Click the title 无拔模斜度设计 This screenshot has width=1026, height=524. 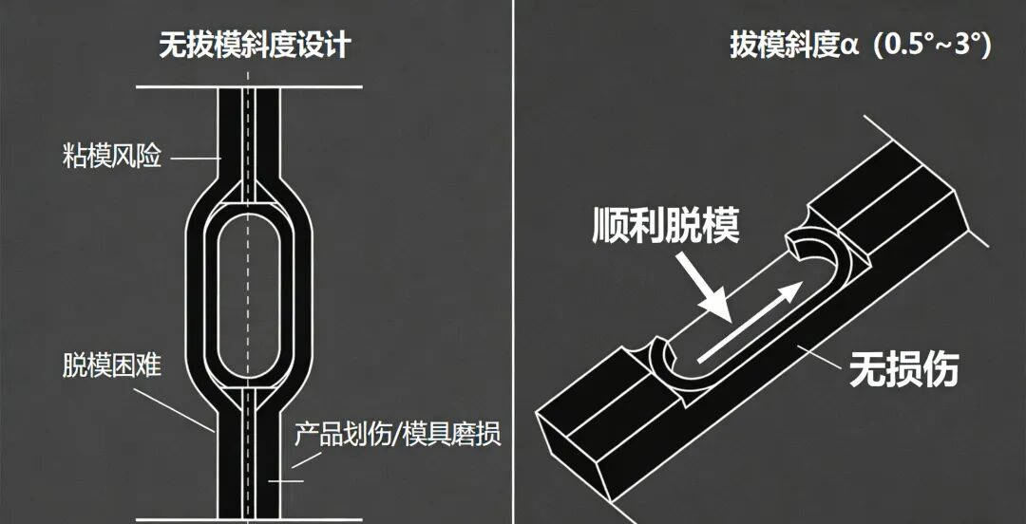(256, 47)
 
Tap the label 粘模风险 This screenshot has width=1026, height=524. (111, 158)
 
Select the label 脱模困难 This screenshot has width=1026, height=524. (111, 365)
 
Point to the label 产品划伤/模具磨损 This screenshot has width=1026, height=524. (398, 434)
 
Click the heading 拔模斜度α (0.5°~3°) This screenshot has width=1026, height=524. (861, 47)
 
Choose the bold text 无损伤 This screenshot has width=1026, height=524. (903, 369)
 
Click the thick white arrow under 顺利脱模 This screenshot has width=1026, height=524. (704, 287)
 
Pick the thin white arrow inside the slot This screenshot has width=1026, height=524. (750, 322)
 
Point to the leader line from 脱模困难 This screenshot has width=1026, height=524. (175, 410)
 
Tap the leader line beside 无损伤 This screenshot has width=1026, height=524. (819, 357)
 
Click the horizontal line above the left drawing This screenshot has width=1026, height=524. (249, 86)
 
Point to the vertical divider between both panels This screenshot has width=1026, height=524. (513, 262)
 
